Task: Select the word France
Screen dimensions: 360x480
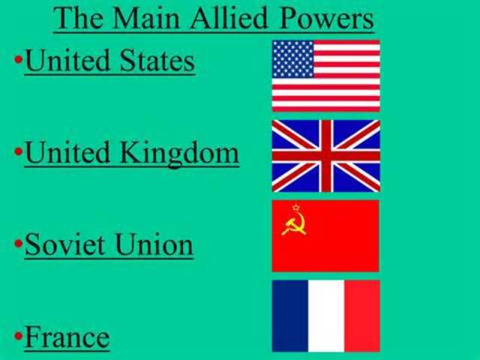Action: coord(67,337)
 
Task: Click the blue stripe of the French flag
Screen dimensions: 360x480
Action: coord(289,316)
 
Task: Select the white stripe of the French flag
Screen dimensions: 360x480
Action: coord(325,316)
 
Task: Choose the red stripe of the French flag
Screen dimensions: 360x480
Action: coord(361,316)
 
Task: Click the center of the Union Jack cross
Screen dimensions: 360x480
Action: coord(325,155)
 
